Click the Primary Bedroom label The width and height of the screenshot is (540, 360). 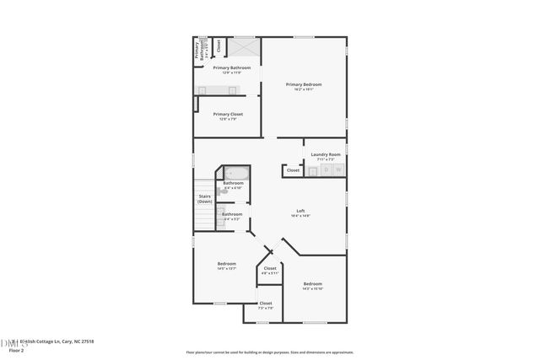click(304, 84)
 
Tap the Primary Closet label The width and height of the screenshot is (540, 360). click(227, 114)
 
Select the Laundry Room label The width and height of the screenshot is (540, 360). click(326, 154)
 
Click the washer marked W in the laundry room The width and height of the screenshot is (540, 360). click(338, 170)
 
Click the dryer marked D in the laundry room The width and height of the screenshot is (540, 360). click(325, 170)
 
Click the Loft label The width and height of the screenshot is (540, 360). click(300, 211)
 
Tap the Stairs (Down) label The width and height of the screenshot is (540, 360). click(205, 199)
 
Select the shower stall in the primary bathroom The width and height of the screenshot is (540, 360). click(246, 46)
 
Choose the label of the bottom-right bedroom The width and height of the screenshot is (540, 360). click(312, 283)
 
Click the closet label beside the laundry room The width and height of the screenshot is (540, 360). click(293, 170)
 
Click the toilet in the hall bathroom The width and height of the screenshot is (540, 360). click(220, 192)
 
